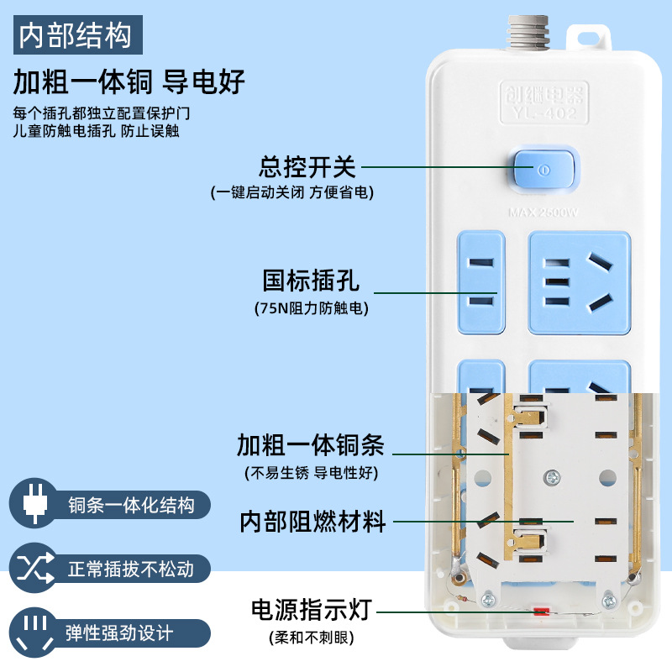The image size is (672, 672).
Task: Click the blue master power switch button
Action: pos(544,170)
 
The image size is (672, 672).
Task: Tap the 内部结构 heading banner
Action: pos(76,35)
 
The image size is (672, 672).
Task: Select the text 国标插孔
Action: pos(311,279)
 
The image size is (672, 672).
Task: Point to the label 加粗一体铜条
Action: pos(310,444)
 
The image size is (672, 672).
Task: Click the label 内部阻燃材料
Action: pos(312,522)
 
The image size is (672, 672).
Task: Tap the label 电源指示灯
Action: pos(311,609)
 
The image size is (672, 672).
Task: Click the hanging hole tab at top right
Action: pos(590,37)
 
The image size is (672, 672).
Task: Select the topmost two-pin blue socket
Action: pos(481,281)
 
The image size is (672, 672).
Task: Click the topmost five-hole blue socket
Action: pos(579,281)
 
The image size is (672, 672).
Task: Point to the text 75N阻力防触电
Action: pos(311,308)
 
